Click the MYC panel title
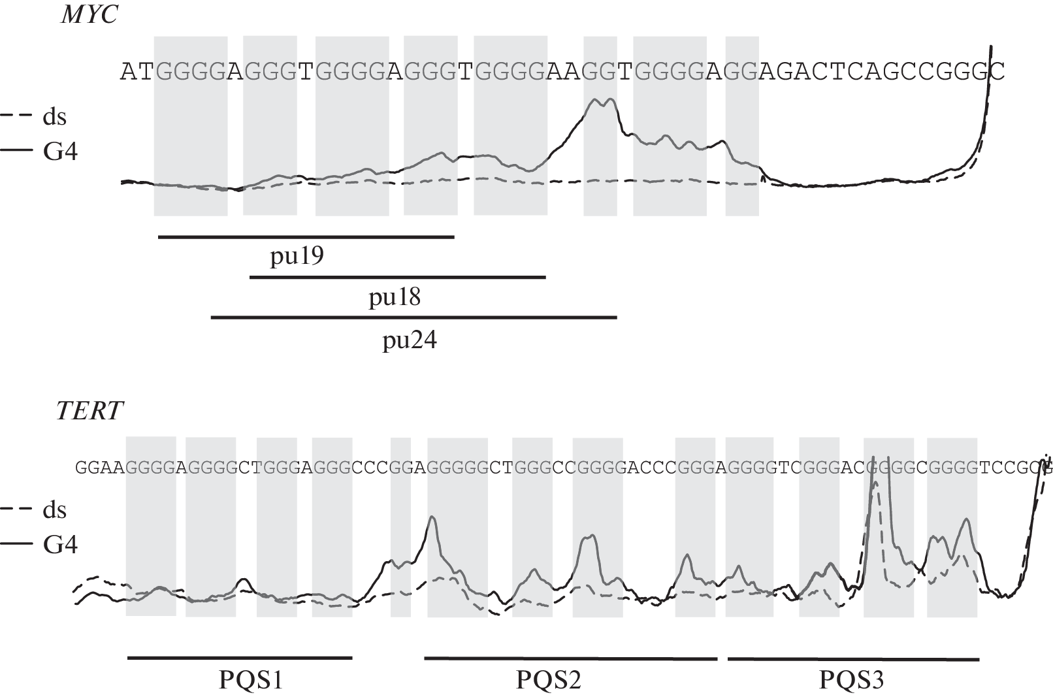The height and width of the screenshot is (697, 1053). [x=89, y=14]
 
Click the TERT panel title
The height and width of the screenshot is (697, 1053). [x=89, y=411]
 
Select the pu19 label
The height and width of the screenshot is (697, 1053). [x=297, y=257]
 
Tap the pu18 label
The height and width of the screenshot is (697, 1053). [x=395, y=298]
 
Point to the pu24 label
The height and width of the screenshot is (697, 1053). [x=410, y=340]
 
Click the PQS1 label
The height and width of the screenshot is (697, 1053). [x=251, y=680]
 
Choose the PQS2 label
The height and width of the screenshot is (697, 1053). [x=549, y=680]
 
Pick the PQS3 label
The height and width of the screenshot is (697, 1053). [x=851, y=680]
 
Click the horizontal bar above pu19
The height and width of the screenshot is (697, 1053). [x=306, y=236]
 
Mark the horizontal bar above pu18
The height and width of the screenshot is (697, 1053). [x=397, y=277]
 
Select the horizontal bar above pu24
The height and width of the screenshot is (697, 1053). [x=413, y=317]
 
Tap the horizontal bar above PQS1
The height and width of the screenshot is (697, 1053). [x=240, y=657]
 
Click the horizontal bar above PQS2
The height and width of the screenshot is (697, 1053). [x=570, y=658]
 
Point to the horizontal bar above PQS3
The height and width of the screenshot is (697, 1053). [x=852, y=658]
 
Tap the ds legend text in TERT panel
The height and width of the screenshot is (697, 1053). [x=55, y=510]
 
